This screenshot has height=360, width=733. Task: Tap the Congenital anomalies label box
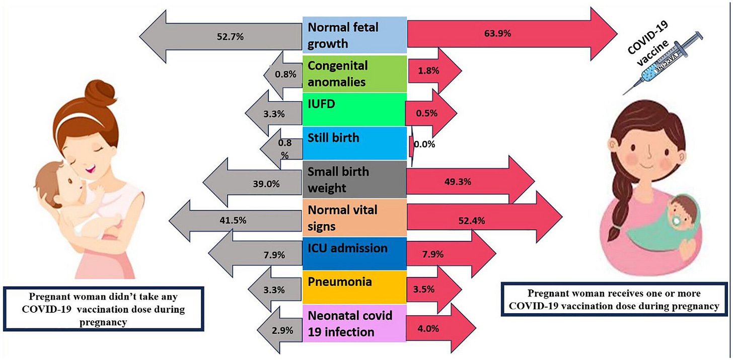tap(354, 74)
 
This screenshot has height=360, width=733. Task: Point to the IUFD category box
tap(354, 109)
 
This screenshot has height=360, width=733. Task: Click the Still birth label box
tap(354, 142)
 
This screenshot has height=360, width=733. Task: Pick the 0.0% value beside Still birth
tap(424, 144)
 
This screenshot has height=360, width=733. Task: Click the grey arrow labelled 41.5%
tap(237, 220)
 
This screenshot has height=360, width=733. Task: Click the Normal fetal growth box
tap(354, 35)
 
